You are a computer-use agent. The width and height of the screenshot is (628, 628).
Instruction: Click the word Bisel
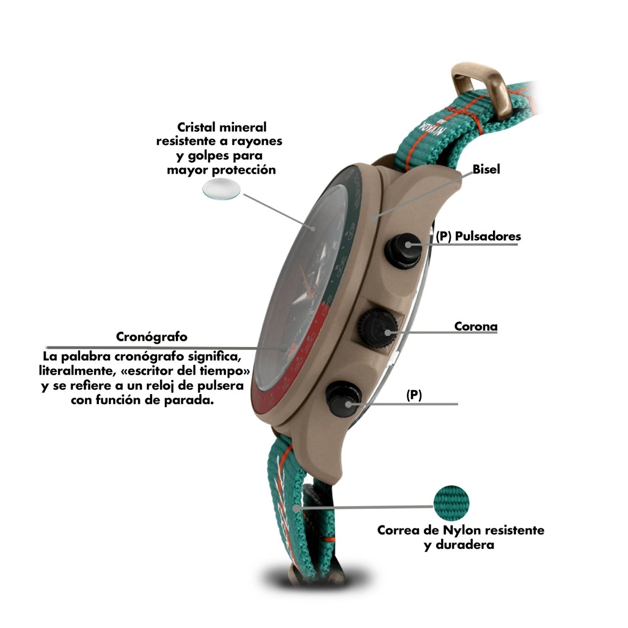[x=486, y=170]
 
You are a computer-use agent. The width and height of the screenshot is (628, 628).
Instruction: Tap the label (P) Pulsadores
[x=478, y=236]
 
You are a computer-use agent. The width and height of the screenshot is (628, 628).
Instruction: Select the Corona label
[x=476, y=327]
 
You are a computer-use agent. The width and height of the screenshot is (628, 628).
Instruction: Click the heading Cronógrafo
[x=152, y=337]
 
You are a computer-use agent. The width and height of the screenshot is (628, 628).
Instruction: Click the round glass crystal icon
[x=222, y=189]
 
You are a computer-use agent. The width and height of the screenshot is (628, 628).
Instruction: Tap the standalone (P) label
[x=414, y=396]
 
